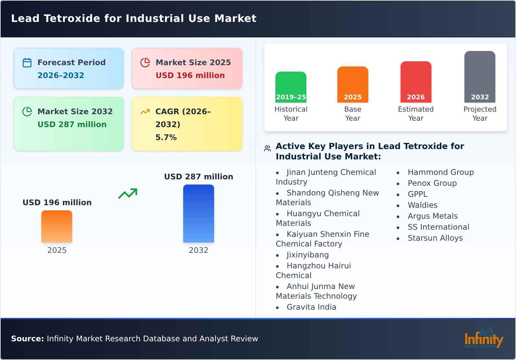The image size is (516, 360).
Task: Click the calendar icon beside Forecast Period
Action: coord(27,63)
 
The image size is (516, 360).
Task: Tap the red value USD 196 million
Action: coord(190,75)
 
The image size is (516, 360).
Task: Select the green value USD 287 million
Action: coord(72,125)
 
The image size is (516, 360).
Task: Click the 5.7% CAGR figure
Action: coord(166,137)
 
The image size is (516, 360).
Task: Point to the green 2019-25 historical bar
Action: coord(291,87)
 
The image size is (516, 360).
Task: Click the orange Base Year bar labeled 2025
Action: coord(352,85)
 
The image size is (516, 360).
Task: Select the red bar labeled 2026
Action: coord(416,82)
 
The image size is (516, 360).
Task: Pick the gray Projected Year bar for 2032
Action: coord(480,77)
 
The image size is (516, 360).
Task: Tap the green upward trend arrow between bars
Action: coord(128,194)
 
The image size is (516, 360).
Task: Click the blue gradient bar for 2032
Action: coord(198,214)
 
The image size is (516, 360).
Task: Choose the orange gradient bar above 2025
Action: coord(57,226)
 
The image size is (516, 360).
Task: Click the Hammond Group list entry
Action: coord(441,172)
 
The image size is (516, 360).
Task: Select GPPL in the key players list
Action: coord(417,194)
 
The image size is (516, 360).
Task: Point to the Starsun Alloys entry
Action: coord(435,238)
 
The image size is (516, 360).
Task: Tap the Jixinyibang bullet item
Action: coord(307,255)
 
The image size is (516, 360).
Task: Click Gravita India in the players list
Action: coord(311,307)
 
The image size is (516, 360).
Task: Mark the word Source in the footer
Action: coord(27,339)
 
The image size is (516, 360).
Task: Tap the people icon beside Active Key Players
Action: coord(267,148)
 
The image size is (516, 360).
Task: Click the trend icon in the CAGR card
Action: coord(145,112)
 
